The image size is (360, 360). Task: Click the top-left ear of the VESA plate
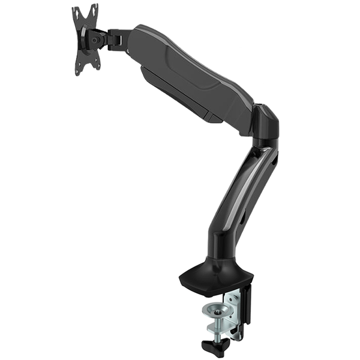76,11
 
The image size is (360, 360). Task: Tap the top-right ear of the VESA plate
95,7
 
